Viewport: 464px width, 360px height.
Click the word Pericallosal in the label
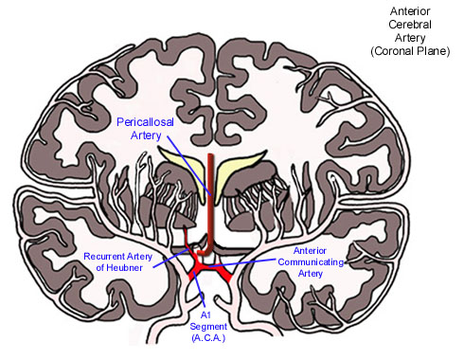[153, 122]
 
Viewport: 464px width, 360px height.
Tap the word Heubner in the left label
[134, 268]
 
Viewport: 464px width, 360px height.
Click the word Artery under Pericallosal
[153, 136]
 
